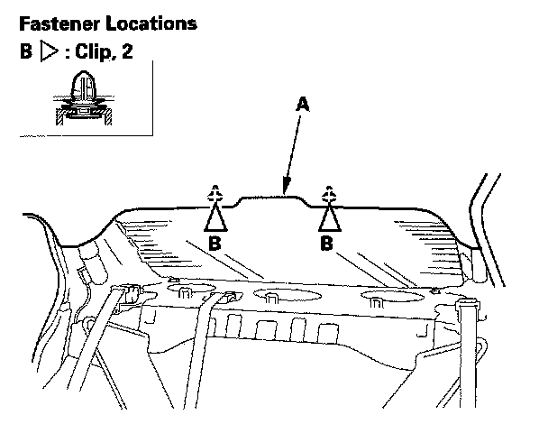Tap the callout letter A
coord(304,105)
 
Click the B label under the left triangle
coord(215,244)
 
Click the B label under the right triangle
coord(328,244)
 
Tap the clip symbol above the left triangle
coord(215,194)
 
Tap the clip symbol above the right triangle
coord(330,194)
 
